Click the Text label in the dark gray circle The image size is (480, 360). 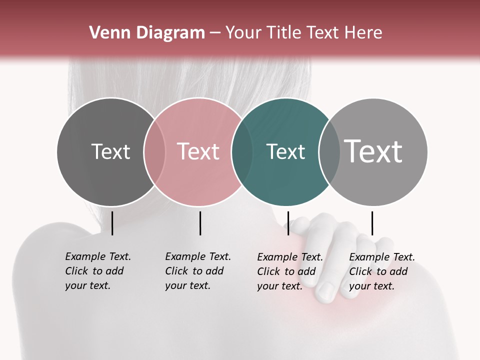(x=110, y=151)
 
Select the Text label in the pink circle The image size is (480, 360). (x=198, y=151)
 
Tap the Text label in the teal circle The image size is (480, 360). (x=285, y=151)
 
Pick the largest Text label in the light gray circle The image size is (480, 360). (x=373, y=151)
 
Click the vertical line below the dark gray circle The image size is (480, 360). (x=112, y=223)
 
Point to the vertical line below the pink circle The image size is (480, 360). (x=200, y=223)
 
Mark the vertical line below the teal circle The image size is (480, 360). (x=288, y=223)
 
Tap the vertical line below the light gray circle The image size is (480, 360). (x=372, y=223)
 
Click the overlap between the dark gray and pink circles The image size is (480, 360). (x=154, y=152)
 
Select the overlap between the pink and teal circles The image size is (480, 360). (x=242, y=152)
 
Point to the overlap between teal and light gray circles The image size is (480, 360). (x=329, y=152)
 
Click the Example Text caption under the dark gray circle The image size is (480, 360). (x=97, y=271)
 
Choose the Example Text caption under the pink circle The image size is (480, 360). (x=197, y=271)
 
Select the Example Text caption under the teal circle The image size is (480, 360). (x=289, y=271)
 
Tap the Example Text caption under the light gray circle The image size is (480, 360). (x=381, y=271)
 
